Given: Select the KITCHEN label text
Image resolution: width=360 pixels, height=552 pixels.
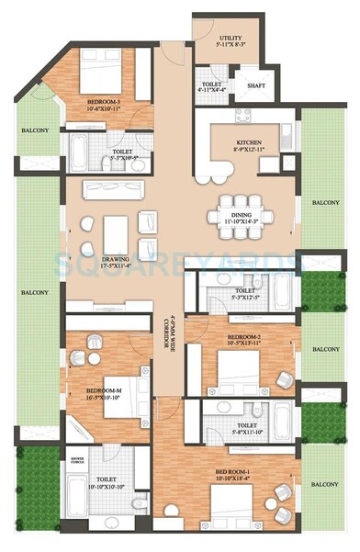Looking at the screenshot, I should (248, 143).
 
